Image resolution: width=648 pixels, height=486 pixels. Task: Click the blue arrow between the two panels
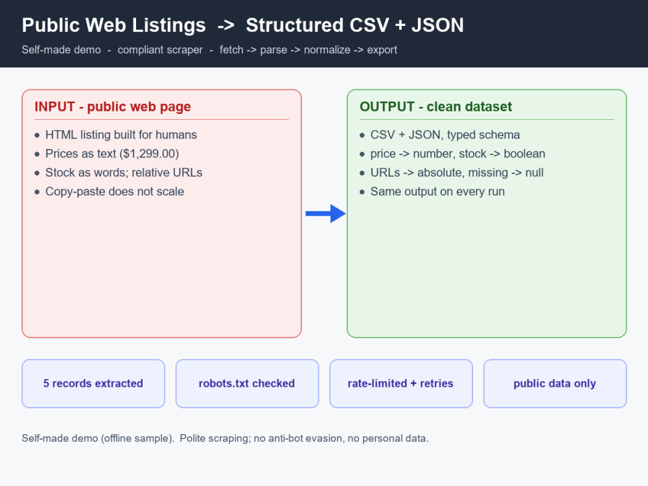326,214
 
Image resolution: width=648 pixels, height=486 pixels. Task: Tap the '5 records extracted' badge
93,384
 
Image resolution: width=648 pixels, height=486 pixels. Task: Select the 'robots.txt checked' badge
247,384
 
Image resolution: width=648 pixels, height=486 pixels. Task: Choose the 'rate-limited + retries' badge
401,384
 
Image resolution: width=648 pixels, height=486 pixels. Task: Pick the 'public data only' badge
555,384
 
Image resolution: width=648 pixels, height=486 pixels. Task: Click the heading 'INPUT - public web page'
113,107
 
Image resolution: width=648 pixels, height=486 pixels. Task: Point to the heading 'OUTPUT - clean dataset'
435,107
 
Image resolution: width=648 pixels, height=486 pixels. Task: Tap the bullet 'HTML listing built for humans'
121,135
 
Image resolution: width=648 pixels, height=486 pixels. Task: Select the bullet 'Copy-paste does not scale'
115,191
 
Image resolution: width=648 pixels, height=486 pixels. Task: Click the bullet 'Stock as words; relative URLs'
124,172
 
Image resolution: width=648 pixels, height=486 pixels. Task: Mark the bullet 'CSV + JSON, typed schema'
445,135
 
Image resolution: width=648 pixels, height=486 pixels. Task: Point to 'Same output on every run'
437,191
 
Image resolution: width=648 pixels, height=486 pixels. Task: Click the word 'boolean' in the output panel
524,154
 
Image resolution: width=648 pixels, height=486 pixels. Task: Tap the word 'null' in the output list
535,172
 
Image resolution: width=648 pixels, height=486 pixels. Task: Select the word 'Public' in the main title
51,25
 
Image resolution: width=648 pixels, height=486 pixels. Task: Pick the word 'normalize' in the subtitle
327,50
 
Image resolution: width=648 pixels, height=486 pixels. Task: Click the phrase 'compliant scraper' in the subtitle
160,50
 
